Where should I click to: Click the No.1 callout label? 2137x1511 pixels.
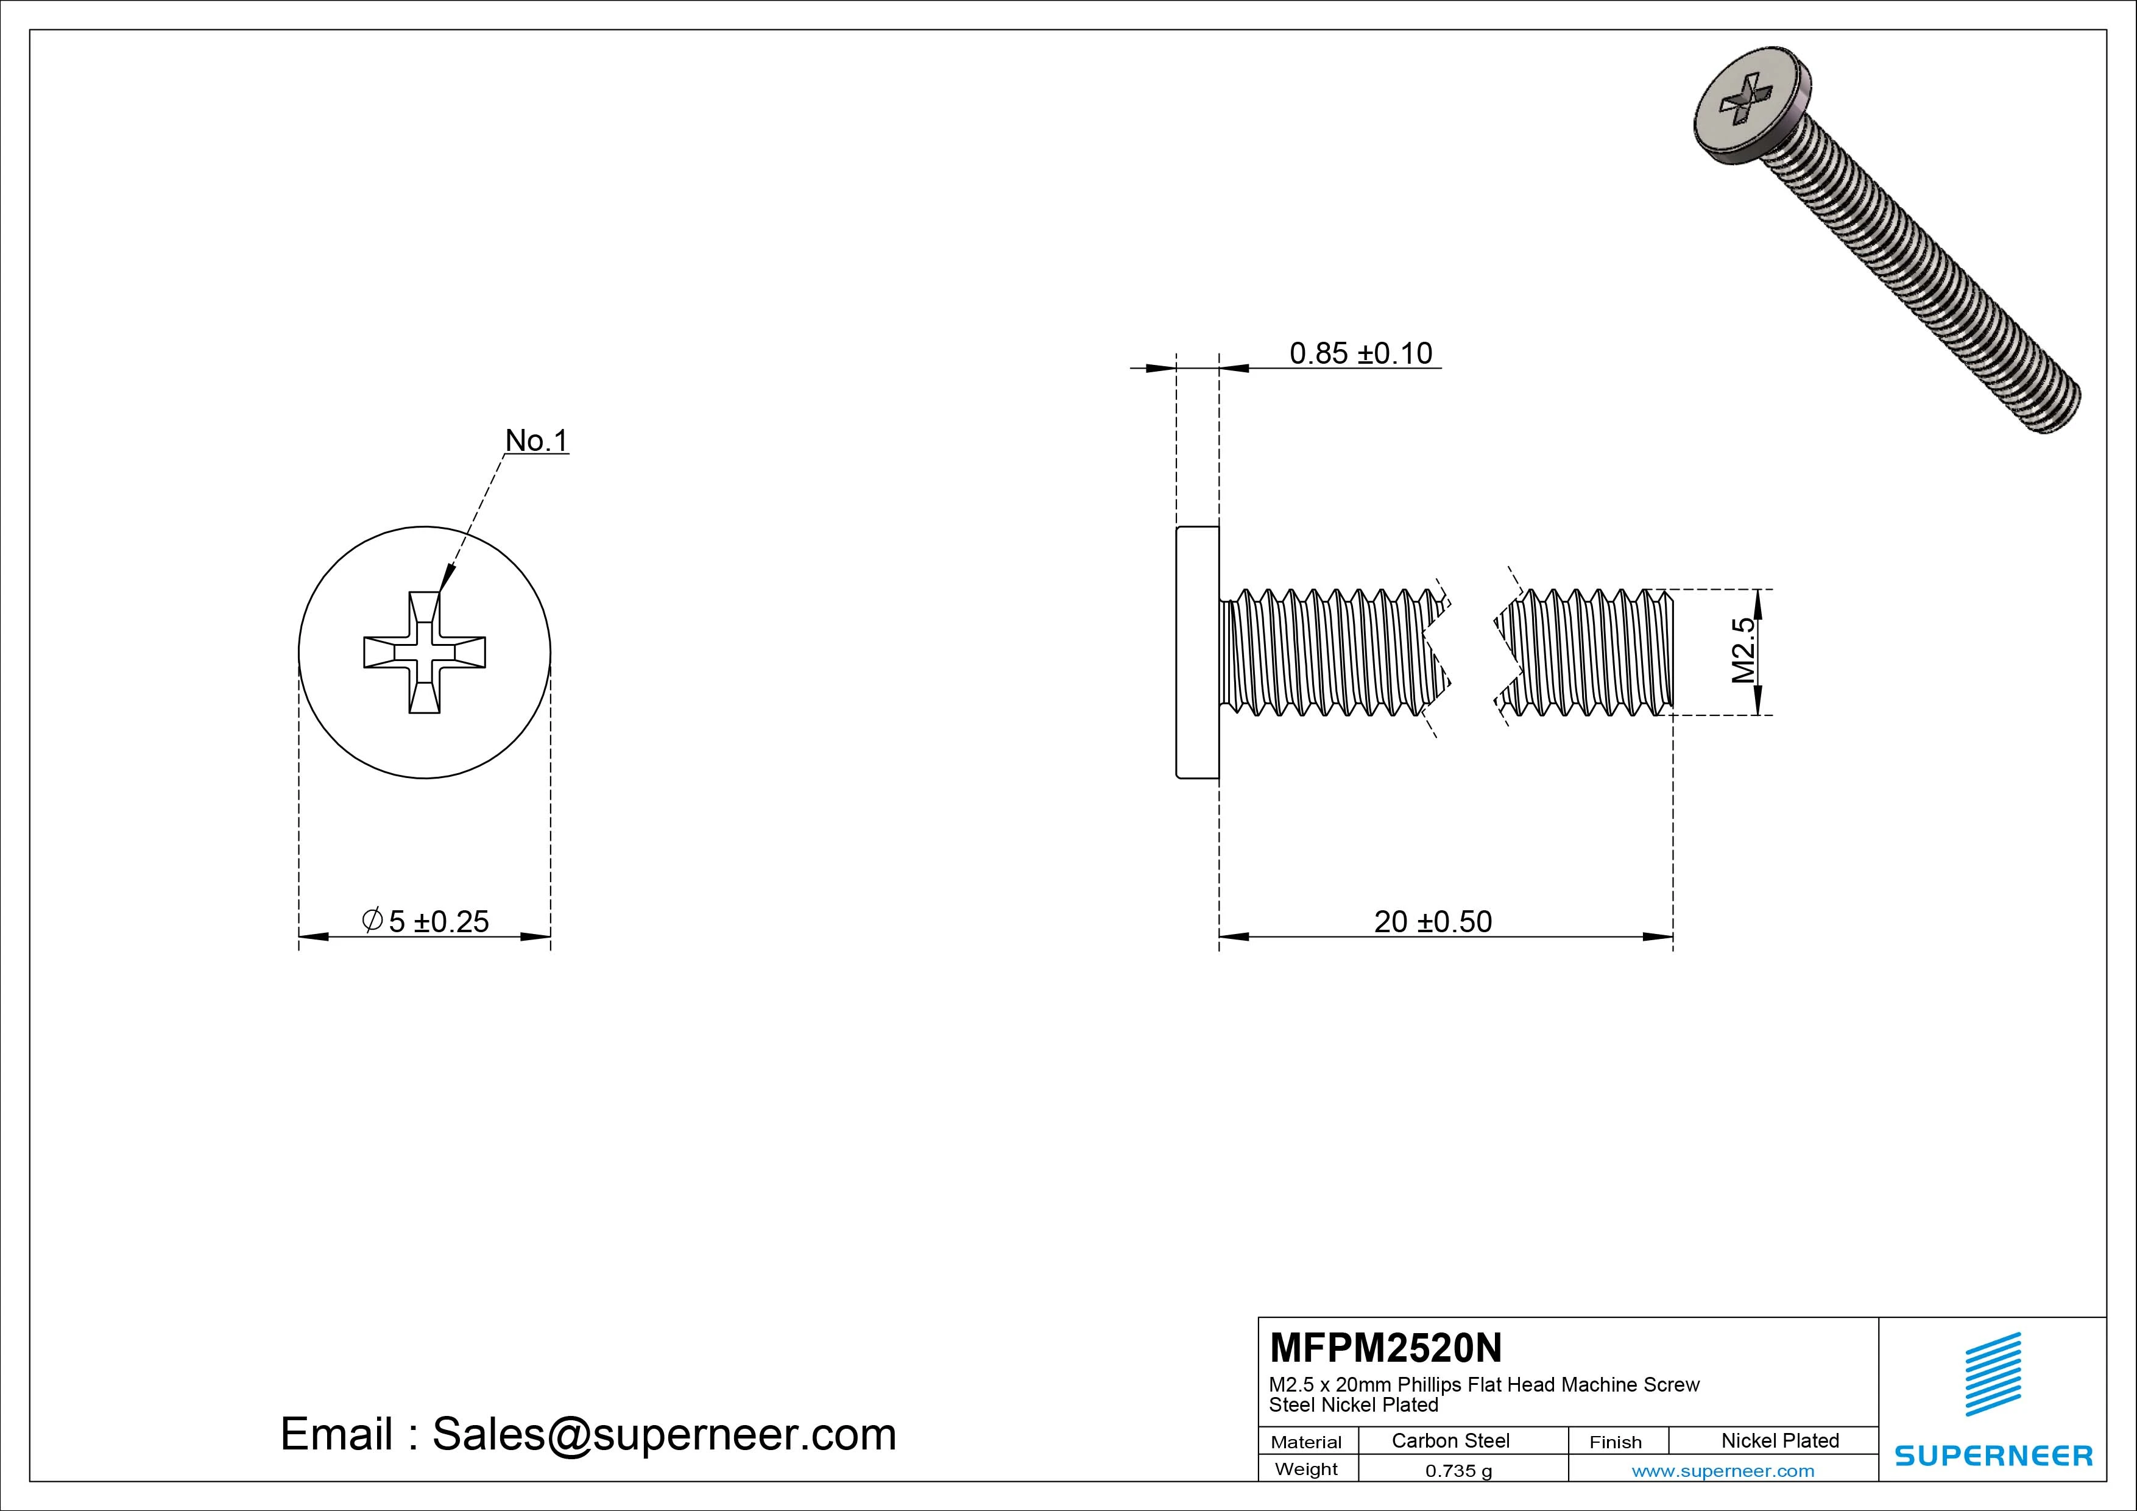coord(536,441)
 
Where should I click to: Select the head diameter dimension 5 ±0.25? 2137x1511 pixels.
coord(437,922)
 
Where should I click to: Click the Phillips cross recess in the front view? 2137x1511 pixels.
coord(425,652)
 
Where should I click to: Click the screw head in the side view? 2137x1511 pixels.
coord(1198,652)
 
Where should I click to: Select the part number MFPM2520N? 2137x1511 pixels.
coord(1385,1347)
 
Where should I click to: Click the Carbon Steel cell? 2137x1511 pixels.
coord(1450,1440)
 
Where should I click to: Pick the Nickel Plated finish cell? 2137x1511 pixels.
coord(1779,1440)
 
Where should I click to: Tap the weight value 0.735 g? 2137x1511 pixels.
coord(1458,1471)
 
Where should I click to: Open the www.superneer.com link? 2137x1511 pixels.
coord(1723,1471)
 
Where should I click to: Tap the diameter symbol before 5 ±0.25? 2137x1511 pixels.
coord(372,921)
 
